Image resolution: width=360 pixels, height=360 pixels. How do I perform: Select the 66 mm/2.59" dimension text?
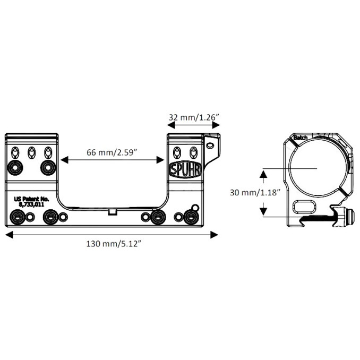112,152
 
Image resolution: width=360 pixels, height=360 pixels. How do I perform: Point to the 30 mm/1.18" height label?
250,192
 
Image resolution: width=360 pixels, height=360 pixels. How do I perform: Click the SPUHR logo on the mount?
184,169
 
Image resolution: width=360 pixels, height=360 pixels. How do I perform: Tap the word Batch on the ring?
301,138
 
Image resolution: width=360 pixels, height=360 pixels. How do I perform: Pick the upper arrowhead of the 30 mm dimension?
263,173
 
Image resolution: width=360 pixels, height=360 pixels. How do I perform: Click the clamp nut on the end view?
348,216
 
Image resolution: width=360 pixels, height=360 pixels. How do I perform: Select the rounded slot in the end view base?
302,206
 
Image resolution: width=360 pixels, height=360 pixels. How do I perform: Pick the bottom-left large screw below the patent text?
18,217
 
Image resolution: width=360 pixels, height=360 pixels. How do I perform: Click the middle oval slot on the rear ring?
31,152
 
